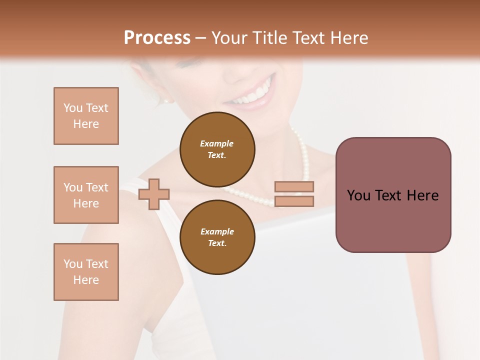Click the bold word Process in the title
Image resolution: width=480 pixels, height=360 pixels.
(157, 38)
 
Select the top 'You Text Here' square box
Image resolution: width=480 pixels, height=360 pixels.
(86, 116)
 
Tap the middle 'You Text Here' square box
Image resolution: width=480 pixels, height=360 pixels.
(86, 195)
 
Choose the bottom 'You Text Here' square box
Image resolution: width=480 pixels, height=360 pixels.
(86, 272)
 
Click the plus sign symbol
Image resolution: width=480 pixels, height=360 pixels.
(154, 194)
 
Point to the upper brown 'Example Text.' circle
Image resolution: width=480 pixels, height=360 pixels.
(217, 149)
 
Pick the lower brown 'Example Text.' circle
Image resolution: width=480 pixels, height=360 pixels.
(217, 237)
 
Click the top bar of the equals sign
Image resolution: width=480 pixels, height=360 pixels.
(294, 186)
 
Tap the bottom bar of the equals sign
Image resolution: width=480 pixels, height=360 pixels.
(294, 201)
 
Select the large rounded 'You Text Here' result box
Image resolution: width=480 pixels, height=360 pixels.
(393, 195)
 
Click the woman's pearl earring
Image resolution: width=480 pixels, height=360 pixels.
(166, 100)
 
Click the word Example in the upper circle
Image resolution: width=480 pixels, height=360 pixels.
(217, 143)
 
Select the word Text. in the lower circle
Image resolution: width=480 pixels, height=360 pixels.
(217, 243)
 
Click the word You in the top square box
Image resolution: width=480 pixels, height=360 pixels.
(73, 108)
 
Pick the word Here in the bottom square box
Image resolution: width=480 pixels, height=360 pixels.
(86, 280)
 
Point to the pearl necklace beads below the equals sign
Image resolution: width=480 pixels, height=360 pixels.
(260, 200)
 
